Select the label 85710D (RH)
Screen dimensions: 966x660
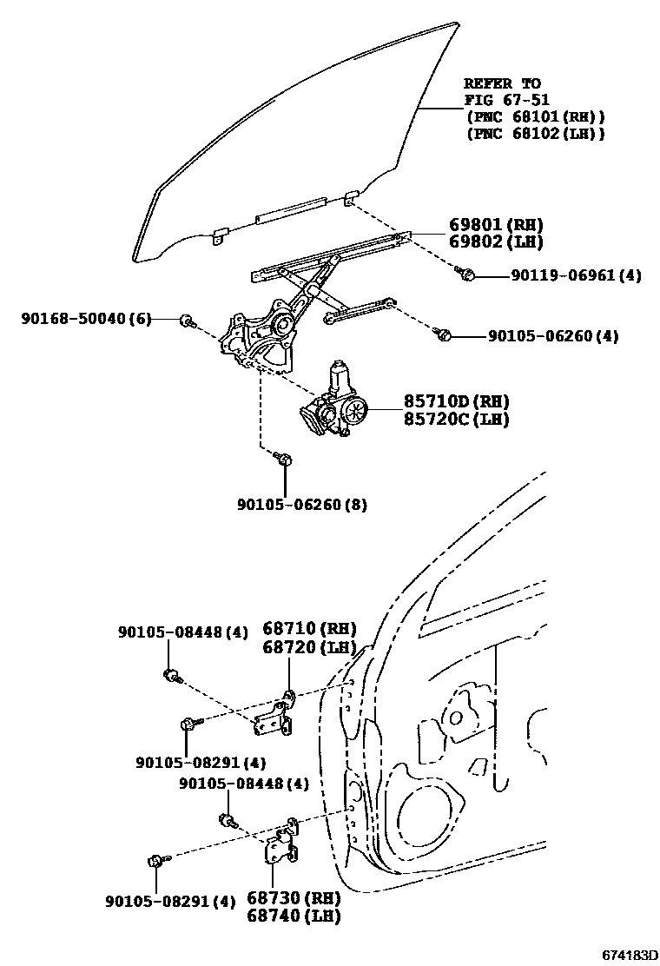[x=455, y=401]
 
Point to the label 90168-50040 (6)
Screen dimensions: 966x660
[x=86, y=319]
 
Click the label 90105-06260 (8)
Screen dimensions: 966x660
[x=301, y=504]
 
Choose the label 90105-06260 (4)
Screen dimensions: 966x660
[x=552, y=336]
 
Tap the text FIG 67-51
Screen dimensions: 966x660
[x=507, y=100]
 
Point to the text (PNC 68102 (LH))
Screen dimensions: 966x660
[x=535, y=133]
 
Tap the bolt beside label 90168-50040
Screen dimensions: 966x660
[x=187, y=321]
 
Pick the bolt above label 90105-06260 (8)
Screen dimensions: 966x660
[x=284, y=458]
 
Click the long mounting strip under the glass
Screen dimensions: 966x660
[x=292, y=208]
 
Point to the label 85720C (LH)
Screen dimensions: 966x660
[x=455, y=419]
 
